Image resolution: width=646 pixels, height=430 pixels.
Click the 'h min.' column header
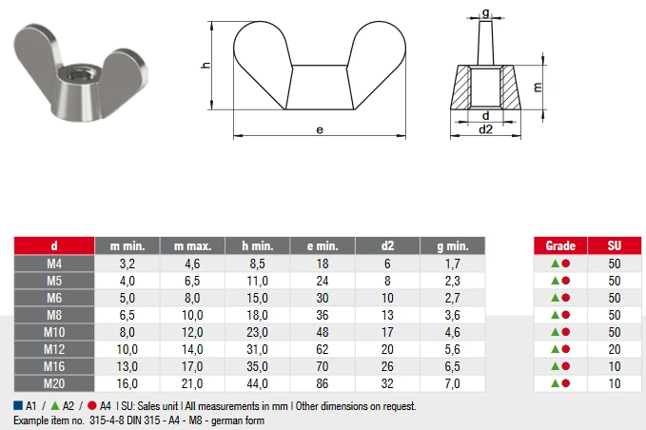pos(258,245)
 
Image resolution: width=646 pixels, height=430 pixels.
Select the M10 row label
pos(54,332)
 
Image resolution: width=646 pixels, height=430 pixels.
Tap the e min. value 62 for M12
pos(323,349)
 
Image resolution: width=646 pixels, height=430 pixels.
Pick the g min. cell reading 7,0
pos(452,383)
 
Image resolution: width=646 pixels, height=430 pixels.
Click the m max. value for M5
pos(192,281)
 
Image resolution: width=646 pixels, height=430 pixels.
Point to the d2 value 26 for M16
pos(387,366)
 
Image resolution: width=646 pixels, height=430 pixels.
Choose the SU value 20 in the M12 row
pos(615,349)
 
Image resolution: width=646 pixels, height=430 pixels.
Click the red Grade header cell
pos(560,245)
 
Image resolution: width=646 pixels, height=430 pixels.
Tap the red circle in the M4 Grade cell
pos(566,264)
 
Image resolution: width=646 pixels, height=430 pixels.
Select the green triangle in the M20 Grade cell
pos(555,383)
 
